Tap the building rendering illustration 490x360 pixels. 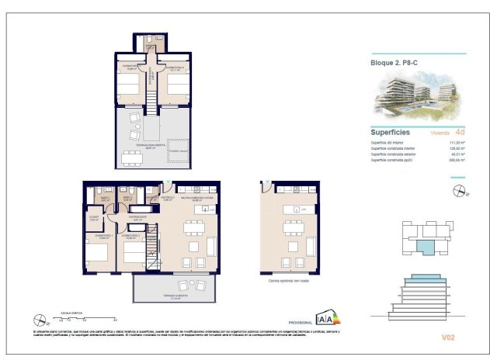(x=418, y=98)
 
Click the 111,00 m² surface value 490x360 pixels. (x=457, y=143)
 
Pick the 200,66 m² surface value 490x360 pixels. (x=457, y=161)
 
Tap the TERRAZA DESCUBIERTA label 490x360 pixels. (x=150, y=144)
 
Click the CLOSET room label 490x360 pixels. (x=93, y=218)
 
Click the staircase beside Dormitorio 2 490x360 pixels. (x=152, y=240)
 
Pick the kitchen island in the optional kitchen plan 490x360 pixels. (x=292, y=210)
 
